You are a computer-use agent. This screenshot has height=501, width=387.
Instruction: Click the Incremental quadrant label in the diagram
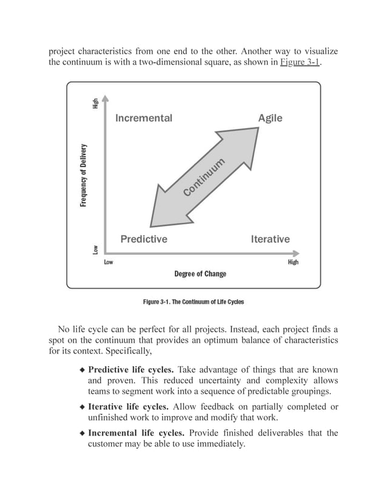pos(144,118)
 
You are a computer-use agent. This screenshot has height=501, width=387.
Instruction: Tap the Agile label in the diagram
pos(270,118)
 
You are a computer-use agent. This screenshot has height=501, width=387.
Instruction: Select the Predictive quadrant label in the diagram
pos(144,239)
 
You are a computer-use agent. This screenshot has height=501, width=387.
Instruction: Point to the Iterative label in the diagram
pos(270,239)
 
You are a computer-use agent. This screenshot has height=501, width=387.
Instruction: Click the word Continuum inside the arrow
pos(204,177)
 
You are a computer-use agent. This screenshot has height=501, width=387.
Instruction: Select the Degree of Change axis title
pos(200,274)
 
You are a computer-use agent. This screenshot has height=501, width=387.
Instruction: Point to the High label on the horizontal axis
pos(293,263)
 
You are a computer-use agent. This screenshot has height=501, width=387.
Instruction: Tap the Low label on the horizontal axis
pos(109,263)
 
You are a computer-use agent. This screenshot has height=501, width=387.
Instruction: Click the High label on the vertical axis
pos(95,104)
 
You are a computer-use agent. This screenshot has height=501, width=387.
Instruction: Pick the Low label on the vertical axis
pos(95,249)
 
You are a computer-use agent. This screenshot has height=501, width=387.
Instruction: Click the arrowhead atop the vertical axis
pos(106,98)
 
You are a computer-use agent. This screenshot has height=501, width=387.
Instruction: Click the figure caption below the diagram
pos(193,301)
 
